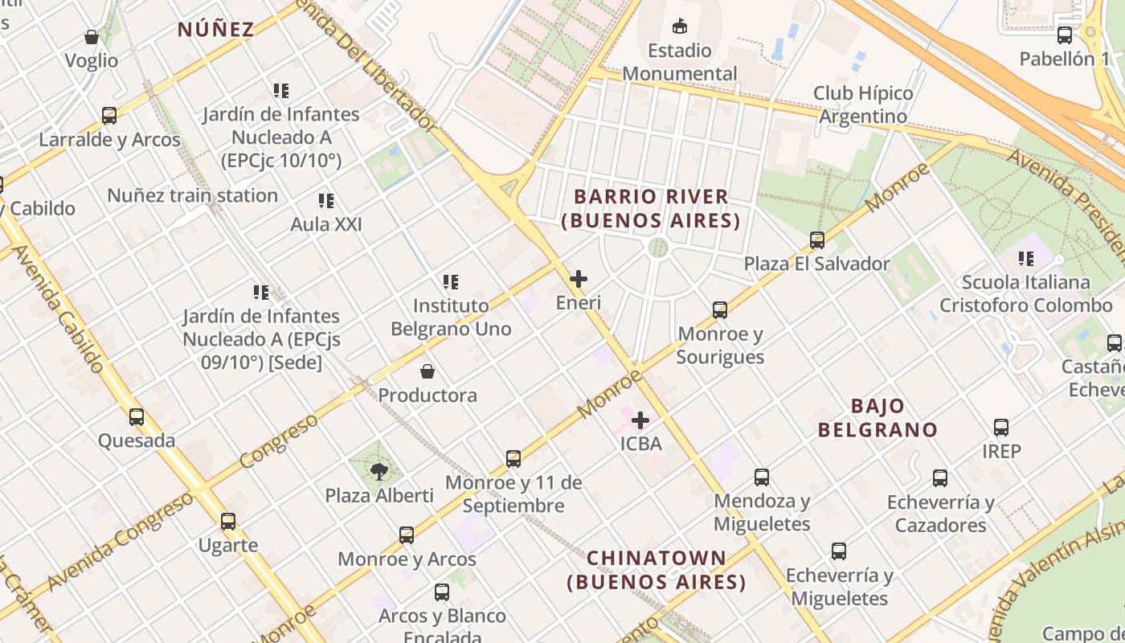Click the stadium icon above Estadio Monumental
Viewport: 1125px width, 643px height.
[x=680, y=27]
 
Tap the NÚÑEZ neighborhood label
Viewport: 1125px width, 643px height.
[x=215, y=30]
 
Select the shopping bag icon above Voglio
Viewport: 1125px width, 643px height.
[x=92, y=37]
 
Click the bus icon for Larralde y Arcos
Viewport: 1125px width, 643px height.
[x=109, y=116]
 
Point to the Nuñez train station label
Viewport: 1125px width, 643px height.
[x=192, y=195]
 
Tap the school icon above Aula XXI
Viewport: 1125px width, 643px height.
[x=325, y=201]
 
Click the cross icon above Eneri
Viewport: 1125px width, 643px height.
[x=578, y=279]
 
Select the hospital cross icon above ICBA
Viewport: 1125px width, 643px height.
[x=640, y=420]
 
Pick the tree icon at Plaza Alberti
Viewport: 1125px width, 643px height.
[x=379, y=471]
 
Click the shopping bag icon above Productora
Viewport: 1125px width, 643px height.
[x=427, y=371]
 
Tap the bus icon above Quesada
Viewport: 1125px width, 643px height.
[x=137, y=416]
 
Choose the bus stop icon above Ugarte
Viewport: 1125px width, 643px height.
[x=228, y=522]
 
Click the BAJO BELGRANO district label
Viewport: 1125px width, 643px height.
[x=877, y=418]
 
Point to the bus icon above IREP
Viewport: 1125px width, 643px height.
[x=1001, y=428]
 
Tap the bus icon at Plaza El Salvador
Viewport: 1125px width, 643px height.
[x=817, y=240]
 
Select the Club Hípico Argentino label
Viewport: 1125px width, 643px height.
[x=863, y=104]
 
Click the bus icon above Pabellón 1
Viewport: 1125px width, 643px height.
[x=1065, y=35]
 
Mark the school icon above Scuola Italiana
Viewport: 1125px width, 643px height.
[x=1025, y=259]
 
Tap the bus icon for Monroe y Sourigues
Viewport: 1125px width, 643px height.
[x=720, y=310]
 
